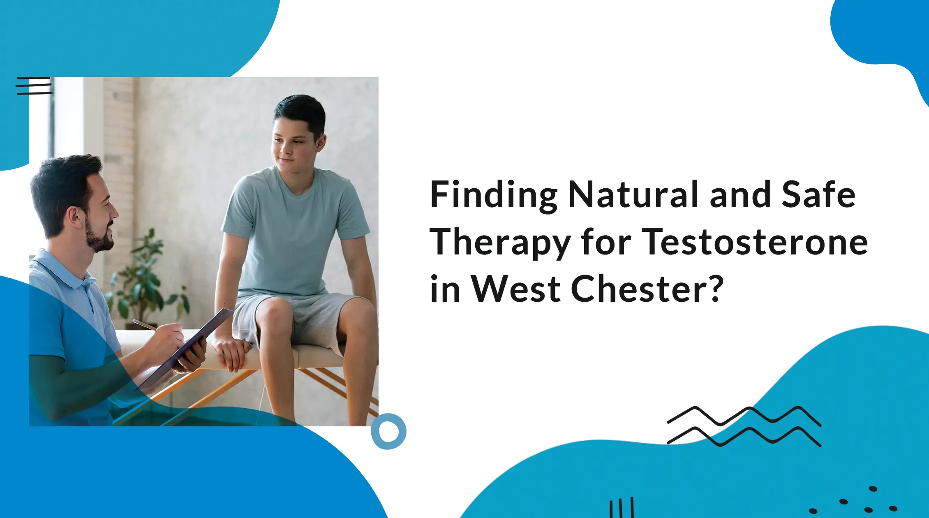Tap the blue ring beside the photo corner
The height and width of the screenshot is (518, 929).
point(388,431)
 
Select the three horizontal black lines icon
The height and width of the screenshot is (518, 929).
point(34,86)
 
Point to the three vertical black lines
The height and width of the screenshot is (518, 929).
point(622,508)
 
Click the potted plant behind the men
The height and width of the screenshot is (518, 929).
point(144,280)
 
